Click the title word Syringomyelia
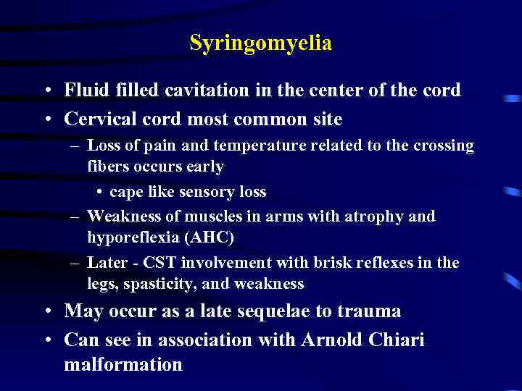tap(260, 43)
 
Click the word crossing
tap(444, 146)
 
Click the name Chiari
tap(398, 340)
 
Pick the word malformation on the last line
tap(123, 364)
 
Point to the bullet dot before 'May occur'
tap(46, 312)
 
